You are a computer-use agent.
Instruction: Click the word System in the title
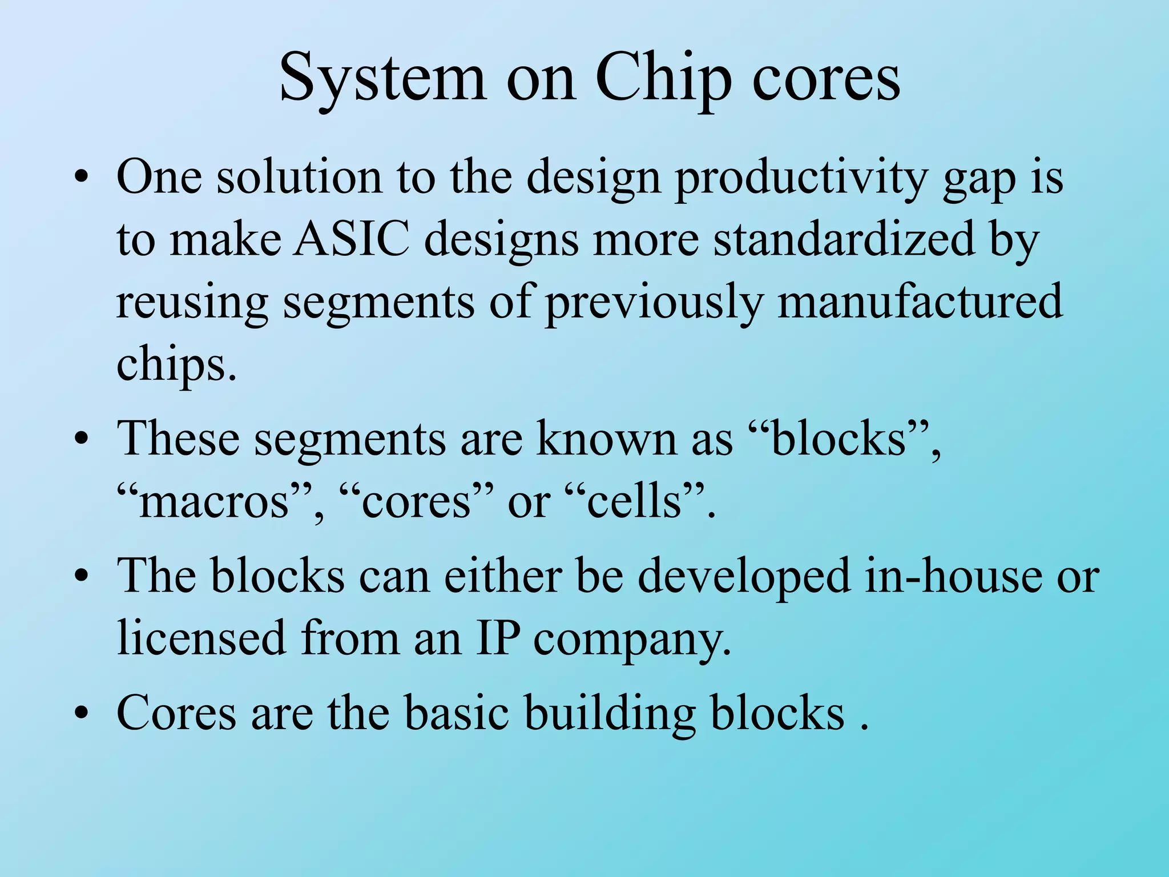pyautogui.click(x=382, y=79)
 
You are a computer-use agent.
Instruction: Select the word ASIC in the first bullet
pyautogui.click(x=352, y=239)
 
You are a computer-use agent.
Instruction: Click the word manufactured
pyautogui.click(x=920, y=301)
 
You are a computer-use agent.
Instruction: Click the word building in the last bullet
pyautogui.click(x=610, y=714)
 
